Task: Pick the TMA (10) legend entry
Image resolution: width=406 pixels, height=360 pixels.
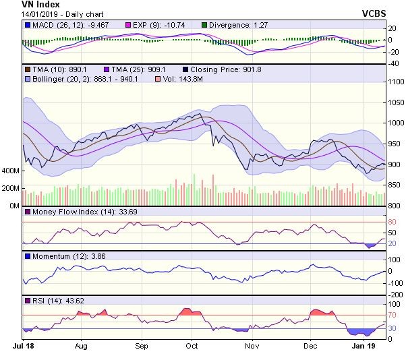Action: tap(55, 69)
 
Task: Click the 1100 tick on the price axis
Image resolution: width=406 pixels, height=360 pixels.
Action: tap(395, 81)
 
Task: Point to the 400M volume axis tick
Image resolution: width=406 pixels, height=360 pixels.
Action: tap(10, 171)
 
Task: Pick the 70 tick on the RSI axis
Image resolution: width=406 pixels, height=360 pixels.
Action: tap(392, 315)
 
